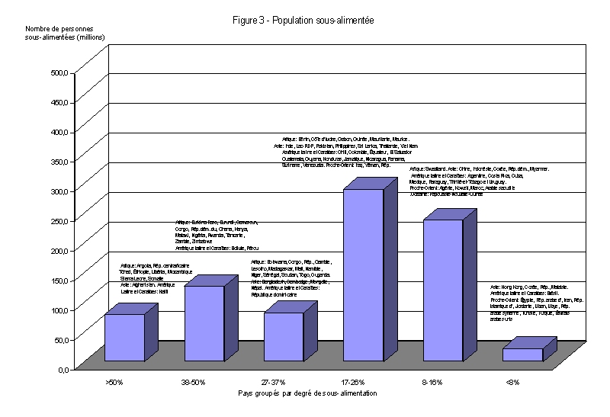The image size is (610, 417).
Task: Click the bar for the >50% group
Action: (x=124, y=337)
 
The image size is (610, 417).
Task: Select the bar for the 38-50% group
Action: (x=204, y=323)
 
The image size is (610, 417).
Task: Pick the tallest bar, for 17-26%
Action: (x=363, y=274)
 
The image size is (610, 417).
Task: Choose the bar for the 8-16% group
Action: (x=442, y=290)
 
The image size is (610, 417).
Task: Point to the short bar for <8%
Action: (x=522, y=354)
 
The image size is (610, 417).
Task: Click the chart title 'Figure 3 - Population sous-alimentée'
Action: (x=303, y=21)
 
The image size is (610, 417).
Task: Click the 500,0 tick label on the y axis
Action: (x=59, y=73)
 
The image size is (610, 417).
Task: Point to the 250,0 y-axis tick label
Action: (x=59, y=221)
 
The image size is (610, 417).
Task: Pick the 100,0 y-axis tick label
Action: (x=59, y=310)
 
